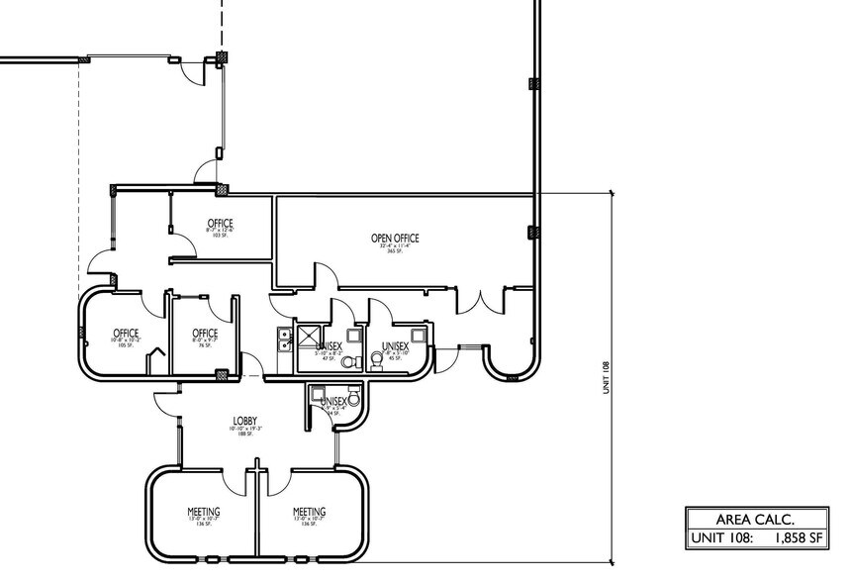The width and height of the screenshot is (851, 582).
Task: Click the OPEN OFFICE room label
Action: click(x=395, y=238)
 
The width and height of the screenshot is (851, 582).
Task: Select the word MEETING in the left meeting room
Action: click(x=203, y=512)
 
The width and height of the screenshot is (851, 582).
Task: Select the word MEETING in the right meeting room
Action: click(x=309, y=512)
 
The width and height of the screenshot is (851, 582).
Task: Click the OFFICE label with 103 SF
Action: click(x=220, y=222)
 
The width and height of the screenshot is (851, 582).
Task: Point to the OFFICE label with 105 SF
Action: click(x=126, y=333)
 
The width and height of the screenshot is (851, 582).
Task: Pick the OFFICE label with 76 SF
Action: click(x=205, y=333)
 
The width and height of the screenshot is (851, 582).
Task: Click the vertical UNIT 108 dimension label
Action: click(x=606, y=375)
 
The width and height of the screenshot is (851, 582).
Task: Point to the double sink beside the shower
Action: click(x=283, y=339)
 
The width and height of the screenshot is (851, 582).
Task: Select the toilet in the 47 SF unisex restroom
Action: click(x=347, y=362)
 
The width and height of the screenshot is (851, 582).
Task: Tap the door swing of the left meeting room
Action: click(x=236, y=481)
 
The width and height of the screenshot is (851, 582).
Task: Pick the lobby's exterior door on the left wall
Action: click(x=164, y=404)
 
